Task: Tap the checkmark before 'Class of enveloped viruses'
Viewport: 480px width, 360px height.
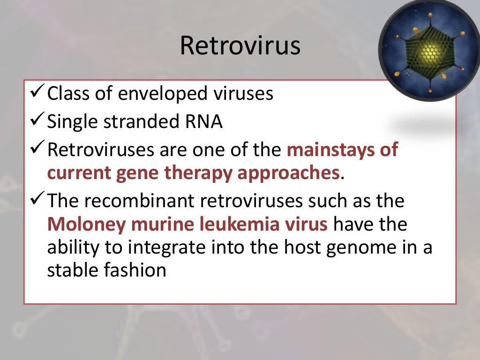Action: coord(37,94)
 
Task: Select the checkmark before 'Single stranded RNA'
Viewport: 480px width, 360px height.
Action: coord(37,122)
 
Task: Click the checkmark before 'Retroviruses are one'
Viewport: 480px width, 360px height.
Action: coord(37,150)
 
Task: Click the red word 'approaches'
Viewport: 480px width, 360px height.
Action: coord(287,174)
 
